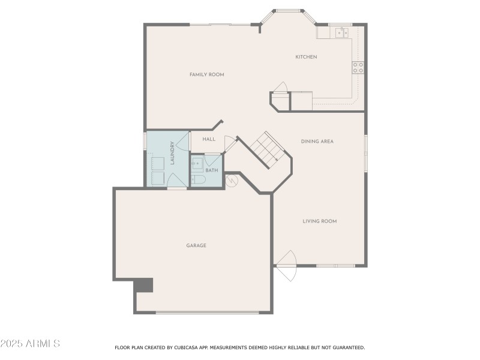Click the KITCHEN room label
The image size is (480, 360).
click(306, 57)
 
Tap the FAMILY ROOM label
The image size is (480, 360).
click(206, 74)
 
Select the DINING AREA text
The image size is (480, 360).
click(317, 141)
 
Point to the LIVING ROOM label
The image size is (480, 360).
click(319, 221)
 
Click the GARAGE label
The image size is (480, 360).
click(196, 245)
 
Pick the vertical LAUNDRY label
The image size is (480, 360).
click(172, 152)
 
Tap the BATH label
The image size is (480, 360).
click(212, 170)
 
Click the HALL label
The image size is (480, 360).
click(209, 139)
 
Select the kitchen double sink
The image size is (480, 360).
click(341, 32)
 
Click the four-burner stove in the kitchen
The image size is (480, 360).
click(358, 67)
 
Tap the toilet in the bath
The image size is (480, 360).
click(199, 179)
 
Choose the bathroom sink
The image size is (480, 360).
click(197, 162)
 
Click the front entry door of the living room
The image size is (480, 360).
click(286, 265)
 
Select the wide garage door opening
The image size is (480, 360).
click(207, 312)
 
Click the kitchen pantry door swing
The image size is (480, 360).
click(281, 88)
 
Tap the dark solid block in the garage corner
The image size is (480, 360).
click(144, 284)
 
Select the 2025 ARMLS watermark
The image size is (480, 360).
click(30, 344)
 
